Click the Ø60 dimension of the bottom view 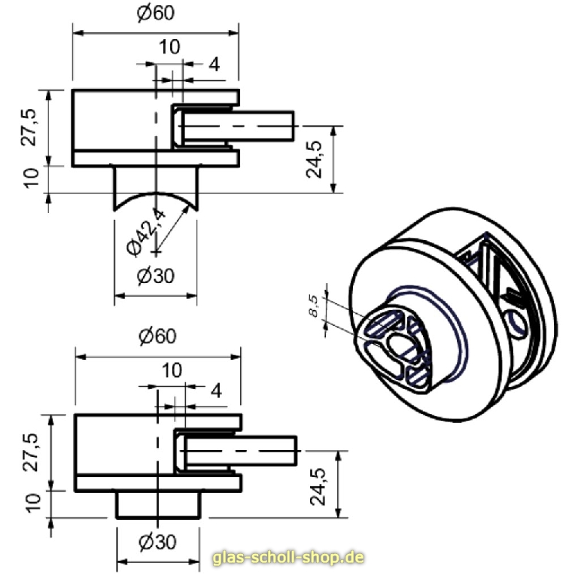[x=157, y=336]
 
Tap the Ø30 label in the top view [x=156, y=276]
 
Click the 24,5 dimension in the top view [x=315, y=159]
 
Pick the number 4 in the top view [x=214, y=65]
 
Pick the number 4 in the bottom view [x=216, y=391]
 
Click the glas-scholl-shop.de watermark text [x=289, y=558]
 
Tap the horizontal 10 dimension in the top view [x=169, y=47]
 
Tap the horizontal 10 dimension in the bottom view [x=172, y=370]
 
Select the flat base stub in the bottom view [x=157, y=504]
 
